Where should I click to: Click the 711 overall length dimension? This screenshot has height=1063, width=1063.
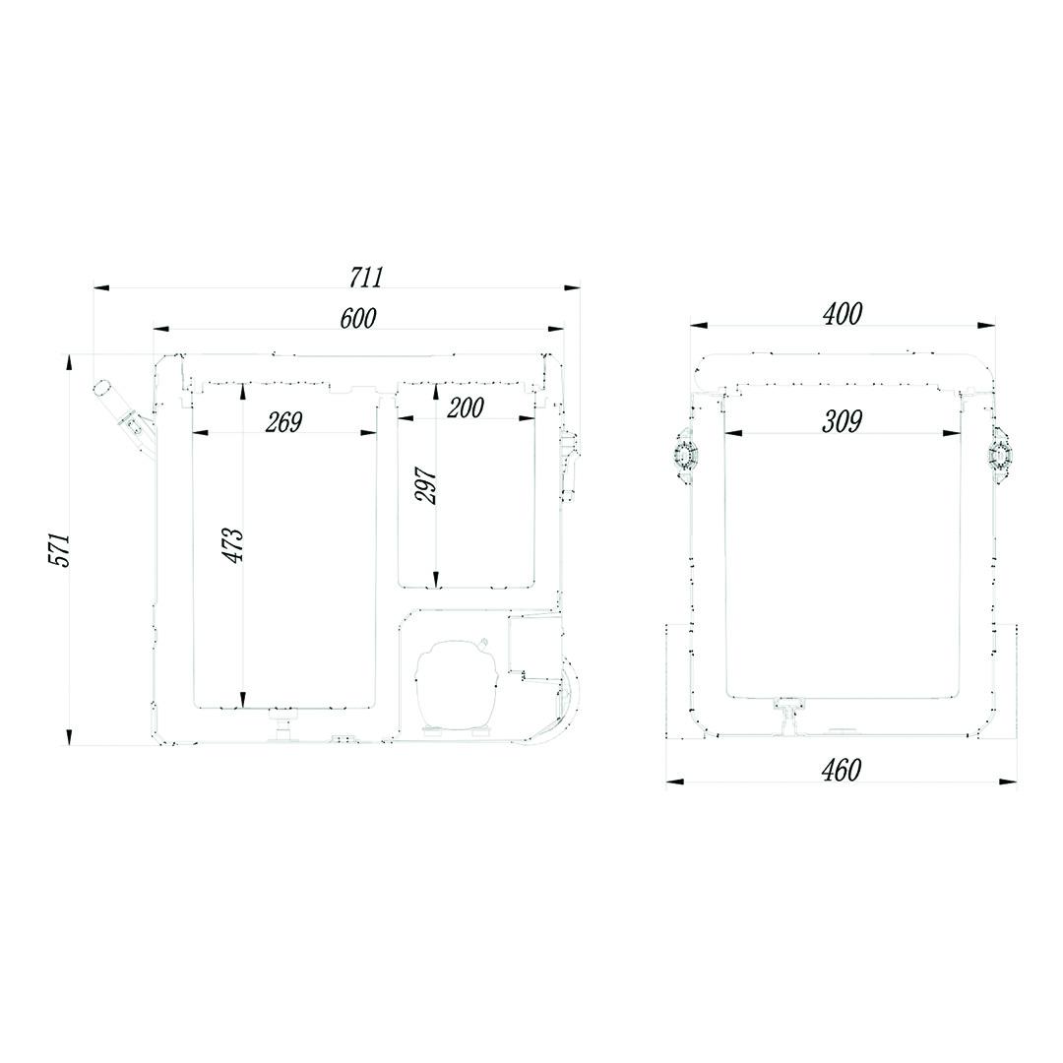(x=367, y=277)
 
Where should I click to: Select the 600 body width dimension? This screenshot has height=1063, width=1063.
(x=358, y=318)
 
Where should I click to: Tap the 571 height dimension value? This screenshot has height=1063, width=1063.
(x=60, y=550)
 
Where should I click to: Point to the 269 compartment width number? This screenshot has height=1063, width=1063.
(x=283, y=422)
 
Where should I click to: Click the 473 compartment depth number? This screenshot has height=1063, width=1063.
(x=232, y=544)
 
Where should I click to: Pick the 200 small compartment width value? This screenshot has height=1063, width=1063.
(x=466, y=407)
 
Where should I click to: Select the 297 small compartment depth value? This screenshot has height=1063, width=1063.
(x=426, y=484)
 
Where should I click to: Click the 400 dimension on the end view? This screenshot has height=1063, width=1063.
(x=843, y=314)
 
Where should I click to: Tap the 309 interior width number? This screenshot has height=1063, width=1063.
(x=842, y=421)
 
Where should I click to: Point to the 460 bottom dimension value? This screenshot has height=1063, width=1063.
(x=842, y=770)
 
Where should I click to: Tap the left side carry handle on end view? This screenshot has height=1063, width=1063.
(x=686, y=455)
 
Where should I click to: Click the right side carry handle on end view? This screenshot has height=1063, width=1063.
(x=1001, y=455)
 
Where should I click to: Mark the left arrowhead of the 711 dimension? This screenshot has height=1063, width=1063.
(x=101, y=288)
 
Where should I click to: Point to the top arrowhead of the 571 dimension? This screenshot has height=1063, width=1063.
(x=69, y=362)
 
